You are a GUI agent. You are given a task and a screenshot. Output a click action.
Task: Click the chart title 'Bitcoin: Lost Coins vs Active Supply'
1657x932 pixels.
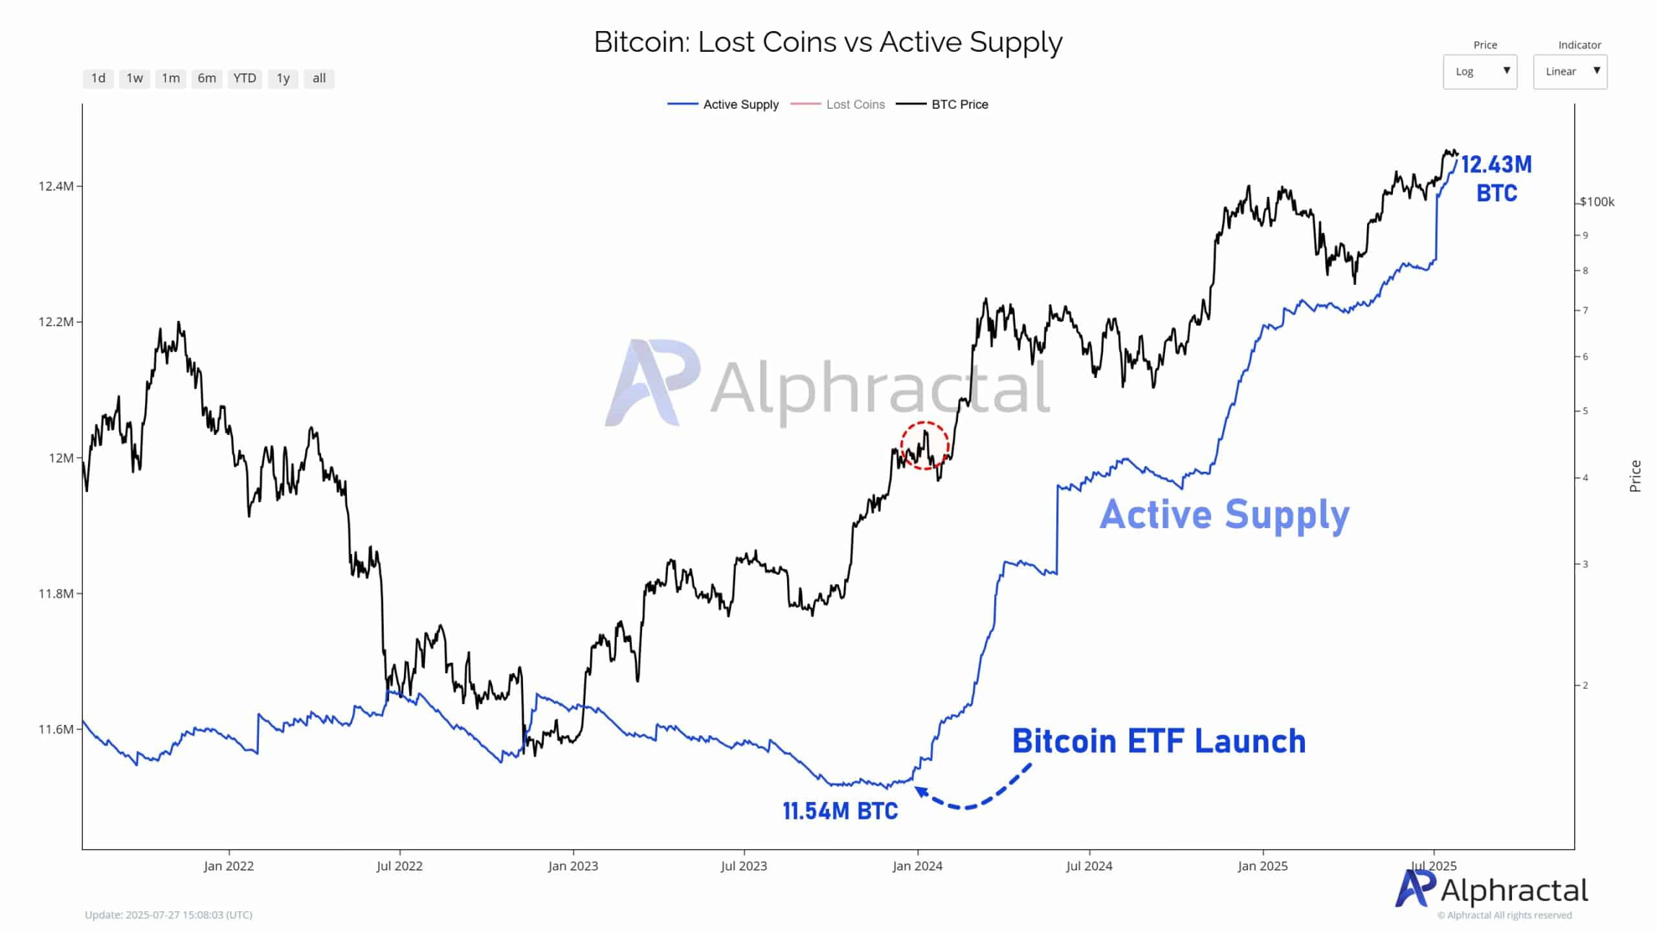828,43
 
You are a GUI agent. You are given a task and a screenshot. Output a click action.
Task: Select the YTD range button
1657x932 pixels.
245,78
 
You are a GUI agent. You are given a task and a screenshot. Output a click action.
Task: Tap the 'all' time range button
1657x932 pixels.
319,78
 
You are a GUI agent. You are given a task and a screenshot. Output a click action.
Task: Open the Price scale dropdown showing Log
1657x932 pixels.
1480,72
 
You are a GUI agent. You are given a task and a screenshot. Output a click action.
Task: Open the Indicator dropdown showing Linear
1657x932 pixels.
1570,72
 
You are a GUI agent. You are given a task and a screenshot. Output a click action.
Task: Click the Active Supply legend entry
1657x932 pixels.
740,105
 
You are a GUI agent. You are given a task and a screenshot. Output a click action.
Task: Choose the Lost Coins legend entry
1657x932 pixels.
855,105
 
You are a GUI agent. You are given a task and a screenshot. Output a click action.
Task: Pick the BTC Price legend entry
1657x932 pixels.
959,105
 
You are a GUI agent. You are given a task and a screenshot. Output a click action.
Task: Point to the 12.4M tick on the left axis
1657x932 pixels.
56,186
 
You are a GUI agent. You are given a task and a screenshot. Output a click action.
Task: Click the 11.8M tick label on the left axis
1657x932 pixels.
56,594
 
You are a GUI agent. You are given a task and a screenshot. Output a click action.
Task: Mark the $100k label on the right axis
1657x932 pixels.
1597,202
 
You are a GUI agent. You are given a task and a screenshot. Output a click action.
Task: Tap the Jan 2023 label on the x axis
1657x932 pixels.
573,866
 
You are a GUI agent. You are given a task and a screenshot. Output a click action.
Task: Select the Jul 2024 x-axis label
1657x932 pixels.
1089,866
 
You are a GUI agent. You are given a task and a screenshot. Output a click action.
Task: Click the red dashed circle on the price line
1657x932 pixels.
924,445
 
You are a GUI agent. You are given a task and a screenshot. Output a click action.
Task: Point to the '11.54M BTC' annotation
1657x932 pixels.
840,811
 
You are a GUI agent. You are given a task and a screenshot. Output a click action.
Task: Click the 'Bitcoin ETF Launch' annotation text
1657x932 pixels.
1159,742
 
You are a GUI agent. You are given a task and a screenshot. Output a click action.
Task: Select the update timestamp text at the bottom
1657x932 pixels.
168,915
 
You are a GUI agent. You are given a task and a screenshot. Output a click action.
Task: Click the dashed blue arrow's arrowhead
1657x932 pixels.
920,791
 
